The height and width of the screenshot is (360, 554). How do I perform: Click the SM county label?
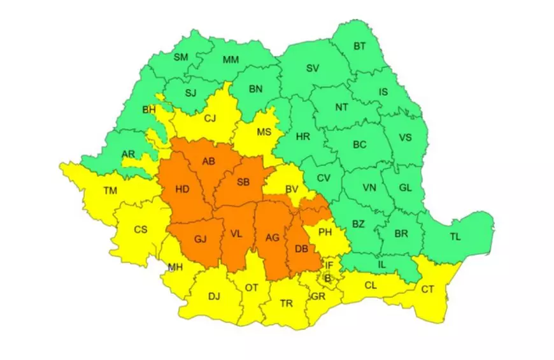click(181, 57)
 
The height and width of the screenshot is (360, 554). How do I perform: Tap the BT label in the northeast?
click(360, 46)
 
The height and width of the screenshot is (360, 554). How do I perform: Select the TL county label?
click(455, 236)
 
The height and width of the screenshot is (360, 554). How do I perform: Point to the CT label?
click(428, 289)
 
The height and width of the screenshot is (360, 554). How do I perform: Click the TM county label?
click(110, 189)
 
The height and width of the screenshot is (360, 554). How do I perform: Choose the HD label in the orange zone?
click(182, 189)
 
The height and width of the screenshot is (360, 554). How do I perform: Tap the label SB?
click(243, 182)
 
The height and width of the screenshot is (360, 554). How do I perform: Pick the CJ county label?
click(210, 117)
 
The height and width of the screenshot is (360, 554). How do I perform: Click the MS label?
click(264, 132)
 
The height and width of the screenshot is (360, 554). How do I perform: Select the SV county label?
click(313, 68)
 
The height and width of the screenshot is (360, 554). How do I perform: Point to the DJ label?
click(214, 296)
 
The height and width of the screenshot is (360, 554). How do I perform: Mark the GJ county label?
click(201, 240)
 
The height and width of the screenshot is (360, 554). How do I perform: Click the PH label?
click(325, 232)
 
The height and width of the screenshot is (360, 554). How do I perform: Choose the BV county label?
click(292, 189)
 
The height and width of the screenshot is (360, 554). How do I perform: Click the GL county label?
click(405, 187)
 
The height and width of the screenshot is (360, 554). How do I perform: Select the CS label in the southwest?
click(141, 229)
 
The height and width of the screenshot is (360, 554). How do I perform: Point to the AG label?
click(273, 238)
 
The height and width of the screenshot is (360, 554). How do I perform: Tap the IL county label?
click(382, 263)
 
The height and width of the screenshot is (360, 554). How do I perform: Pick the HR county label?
click(302, 136)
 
